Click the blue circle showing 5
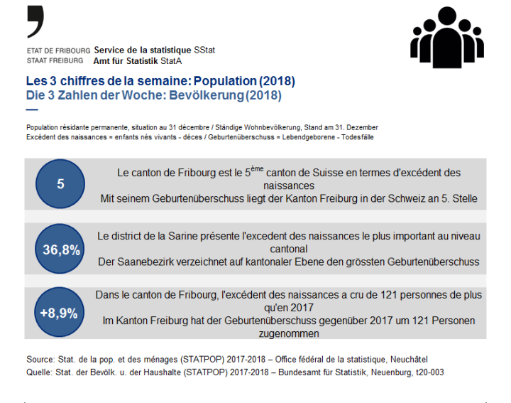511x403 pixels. (x=60, y=184)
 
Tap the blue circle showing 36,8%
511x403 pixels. (x=60, y=249)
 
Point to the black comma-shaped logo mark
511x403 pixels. (x=35, y=21)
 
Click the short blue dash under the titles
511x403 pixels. (x=31, y=109)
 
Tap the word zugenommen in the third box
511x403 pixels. (x=288, y=333)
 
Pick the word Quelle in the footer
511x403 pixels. (x=39, y=372)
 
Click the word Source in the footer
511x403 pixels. (x=40, y=360)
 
